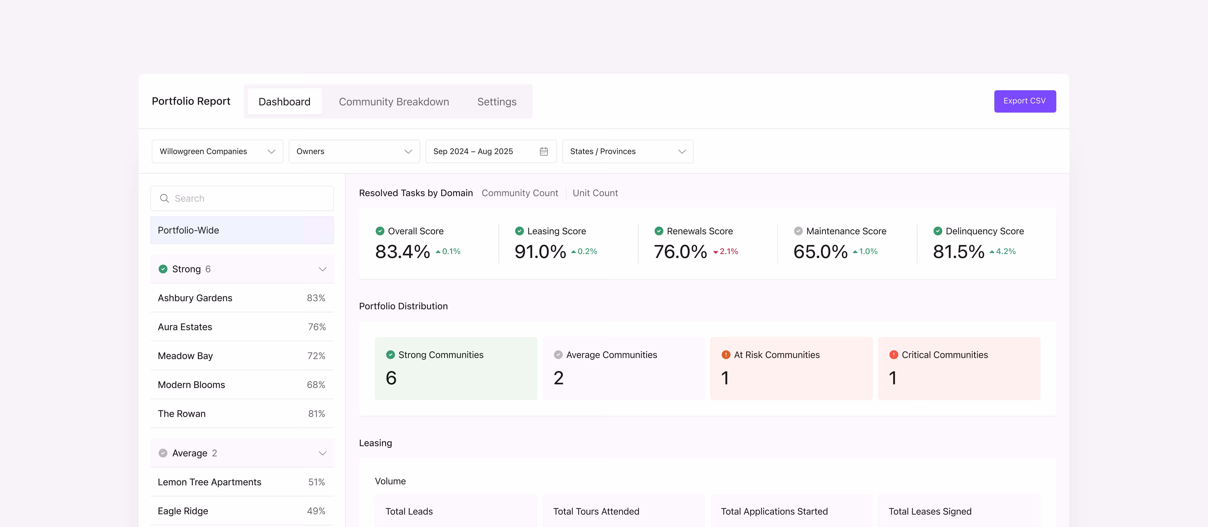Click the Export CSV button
point(1025,101)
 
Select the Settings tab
point(497,102)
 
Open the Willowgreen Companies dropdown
point(217,151)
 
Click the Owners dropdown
point(354,151)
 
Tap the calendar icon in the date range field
point(543,151)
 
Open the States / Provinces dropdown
point(627,151)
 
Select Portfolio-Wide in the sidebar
point(242,230)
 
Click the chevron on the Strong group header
point(322,269)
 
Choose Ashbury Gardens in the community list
point(195,298)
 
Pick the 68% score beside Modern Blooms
point(316,385)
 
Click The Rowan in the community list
point(181,414)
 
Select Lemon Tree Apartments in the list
point(209,482)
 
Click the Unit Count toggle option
point(595,193)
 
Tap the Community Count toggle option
point(520,193)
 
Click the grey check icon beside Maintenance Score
point(798,231)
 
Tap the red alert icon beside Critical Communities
point(893,355)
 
